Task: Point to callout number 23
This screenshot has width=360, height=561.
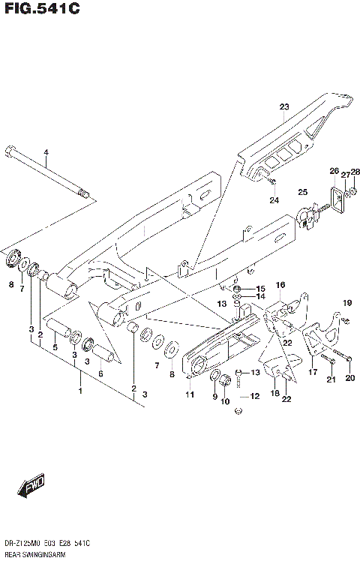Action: click(x=284, y=107)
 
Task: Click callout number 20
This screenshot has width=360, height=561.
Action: click(x=349, y=379)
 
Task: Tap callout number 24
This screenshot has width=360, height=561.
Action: click(x=274, y=200)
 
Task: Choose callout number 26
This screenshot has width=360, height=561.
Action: click(x=334, y=171)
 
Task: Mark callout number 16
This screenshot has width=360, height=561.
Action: click(x=280, y=286)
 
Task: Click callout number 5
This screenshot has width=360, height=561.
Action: click(x=55, y=347)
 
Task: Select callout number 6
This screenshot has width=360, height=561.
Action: click(x=100, y=373)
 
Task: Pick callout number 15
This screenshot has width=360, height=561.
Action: click(x=260, y=289)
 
